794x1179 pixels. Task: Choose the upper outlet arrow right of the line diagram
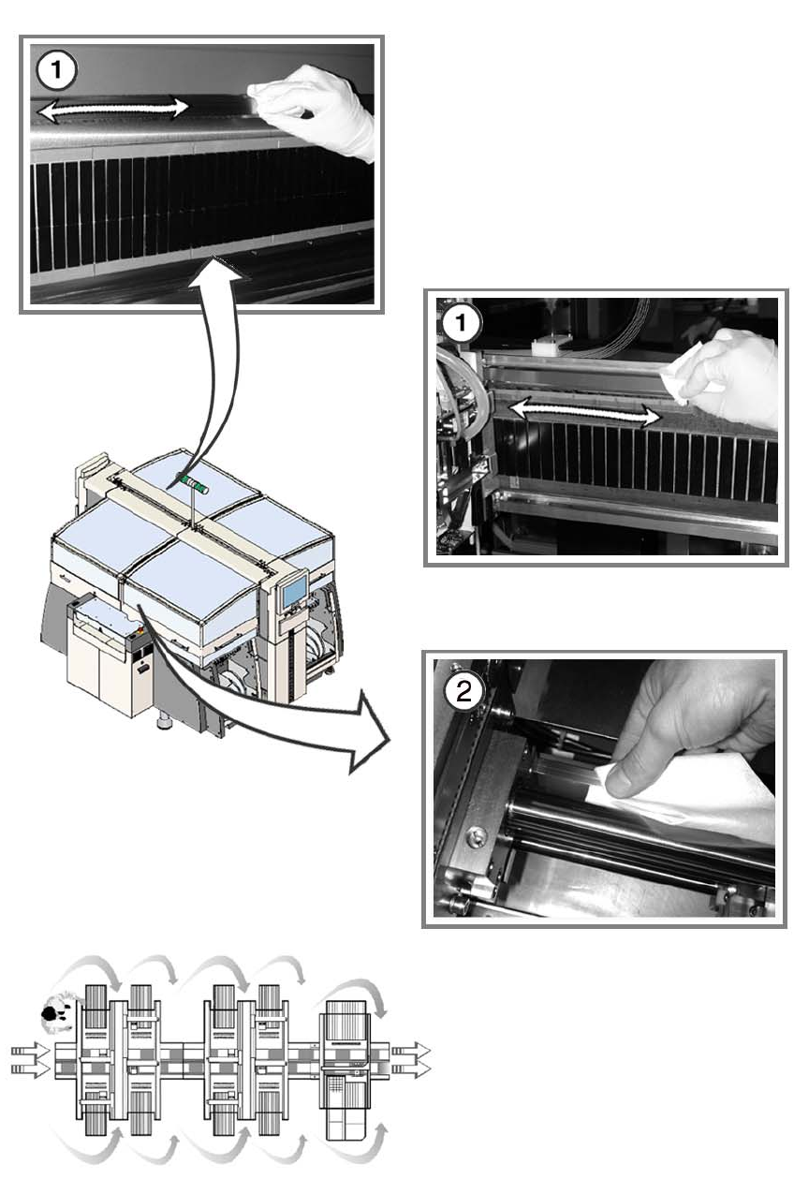point(409,1051)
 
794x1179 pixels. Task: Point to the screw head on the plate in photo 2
point(479,828)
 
